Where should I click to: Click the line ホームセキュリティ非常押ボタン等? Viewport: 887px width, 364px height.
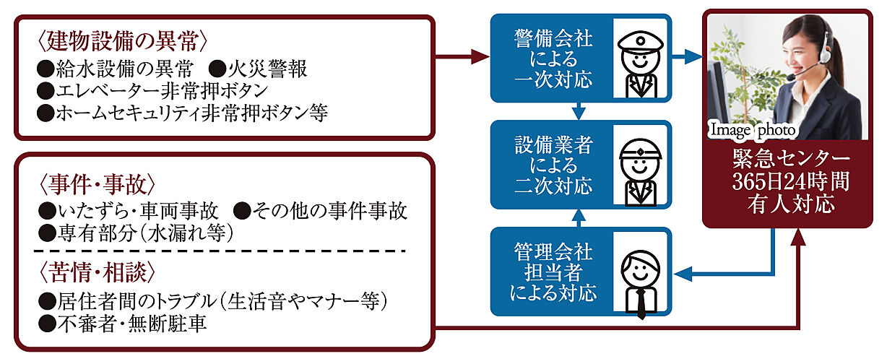pos(185,113)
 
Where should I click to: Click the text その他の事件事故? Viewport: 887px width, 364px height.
pos(329,211)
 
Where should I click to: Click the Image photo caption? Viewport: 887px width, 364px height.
pos(753,130)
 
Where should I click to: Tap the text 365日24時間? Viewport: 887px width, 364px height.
pos(789,181)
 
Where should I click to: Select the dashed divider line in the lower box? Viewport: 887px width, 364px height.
pos(220,251)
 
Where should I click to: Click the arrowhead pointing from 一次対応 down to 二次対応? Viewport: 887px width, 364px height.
pos(578,113)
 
